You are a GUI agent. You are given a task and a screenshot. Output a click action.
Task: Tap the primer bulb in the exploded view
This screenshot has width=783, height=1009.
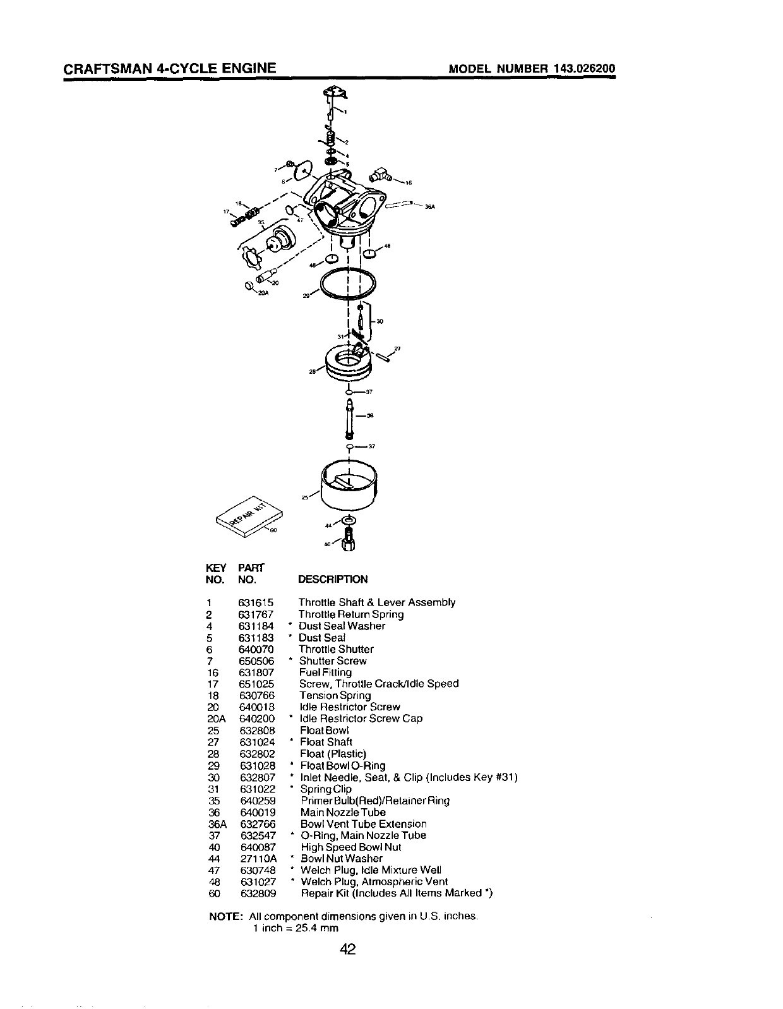point(280,241)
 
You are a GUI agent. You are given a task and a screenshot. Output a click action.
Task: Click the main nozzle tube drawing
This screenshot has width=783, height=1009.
point(349,417)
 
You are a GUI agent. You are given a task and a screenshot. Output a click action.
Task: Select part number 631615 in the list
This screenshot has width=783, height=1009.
point(256,602)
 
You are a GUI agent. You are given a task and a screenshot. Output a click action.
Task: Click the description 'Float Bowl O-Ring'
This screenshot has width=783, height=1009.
point(343,765)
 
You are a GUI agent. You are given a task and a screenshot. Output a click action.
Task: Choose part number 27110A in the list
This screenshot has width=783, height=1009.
point(258,858)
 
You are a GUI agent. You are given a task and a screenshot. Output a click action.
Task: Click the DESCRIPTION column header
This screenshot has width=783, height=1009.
point(332,579)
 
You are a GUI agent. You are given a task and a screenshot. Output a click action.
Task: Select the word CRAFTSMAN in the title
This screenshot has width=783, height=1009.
point(101,68)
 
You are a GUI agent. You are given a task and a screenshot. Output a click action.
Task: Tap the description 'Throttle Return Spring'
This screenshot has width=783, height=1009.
point(351,614)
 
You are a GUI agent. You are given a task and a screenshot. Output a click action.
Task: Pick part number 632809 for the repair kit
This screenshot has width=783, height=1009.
point(258,893)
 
